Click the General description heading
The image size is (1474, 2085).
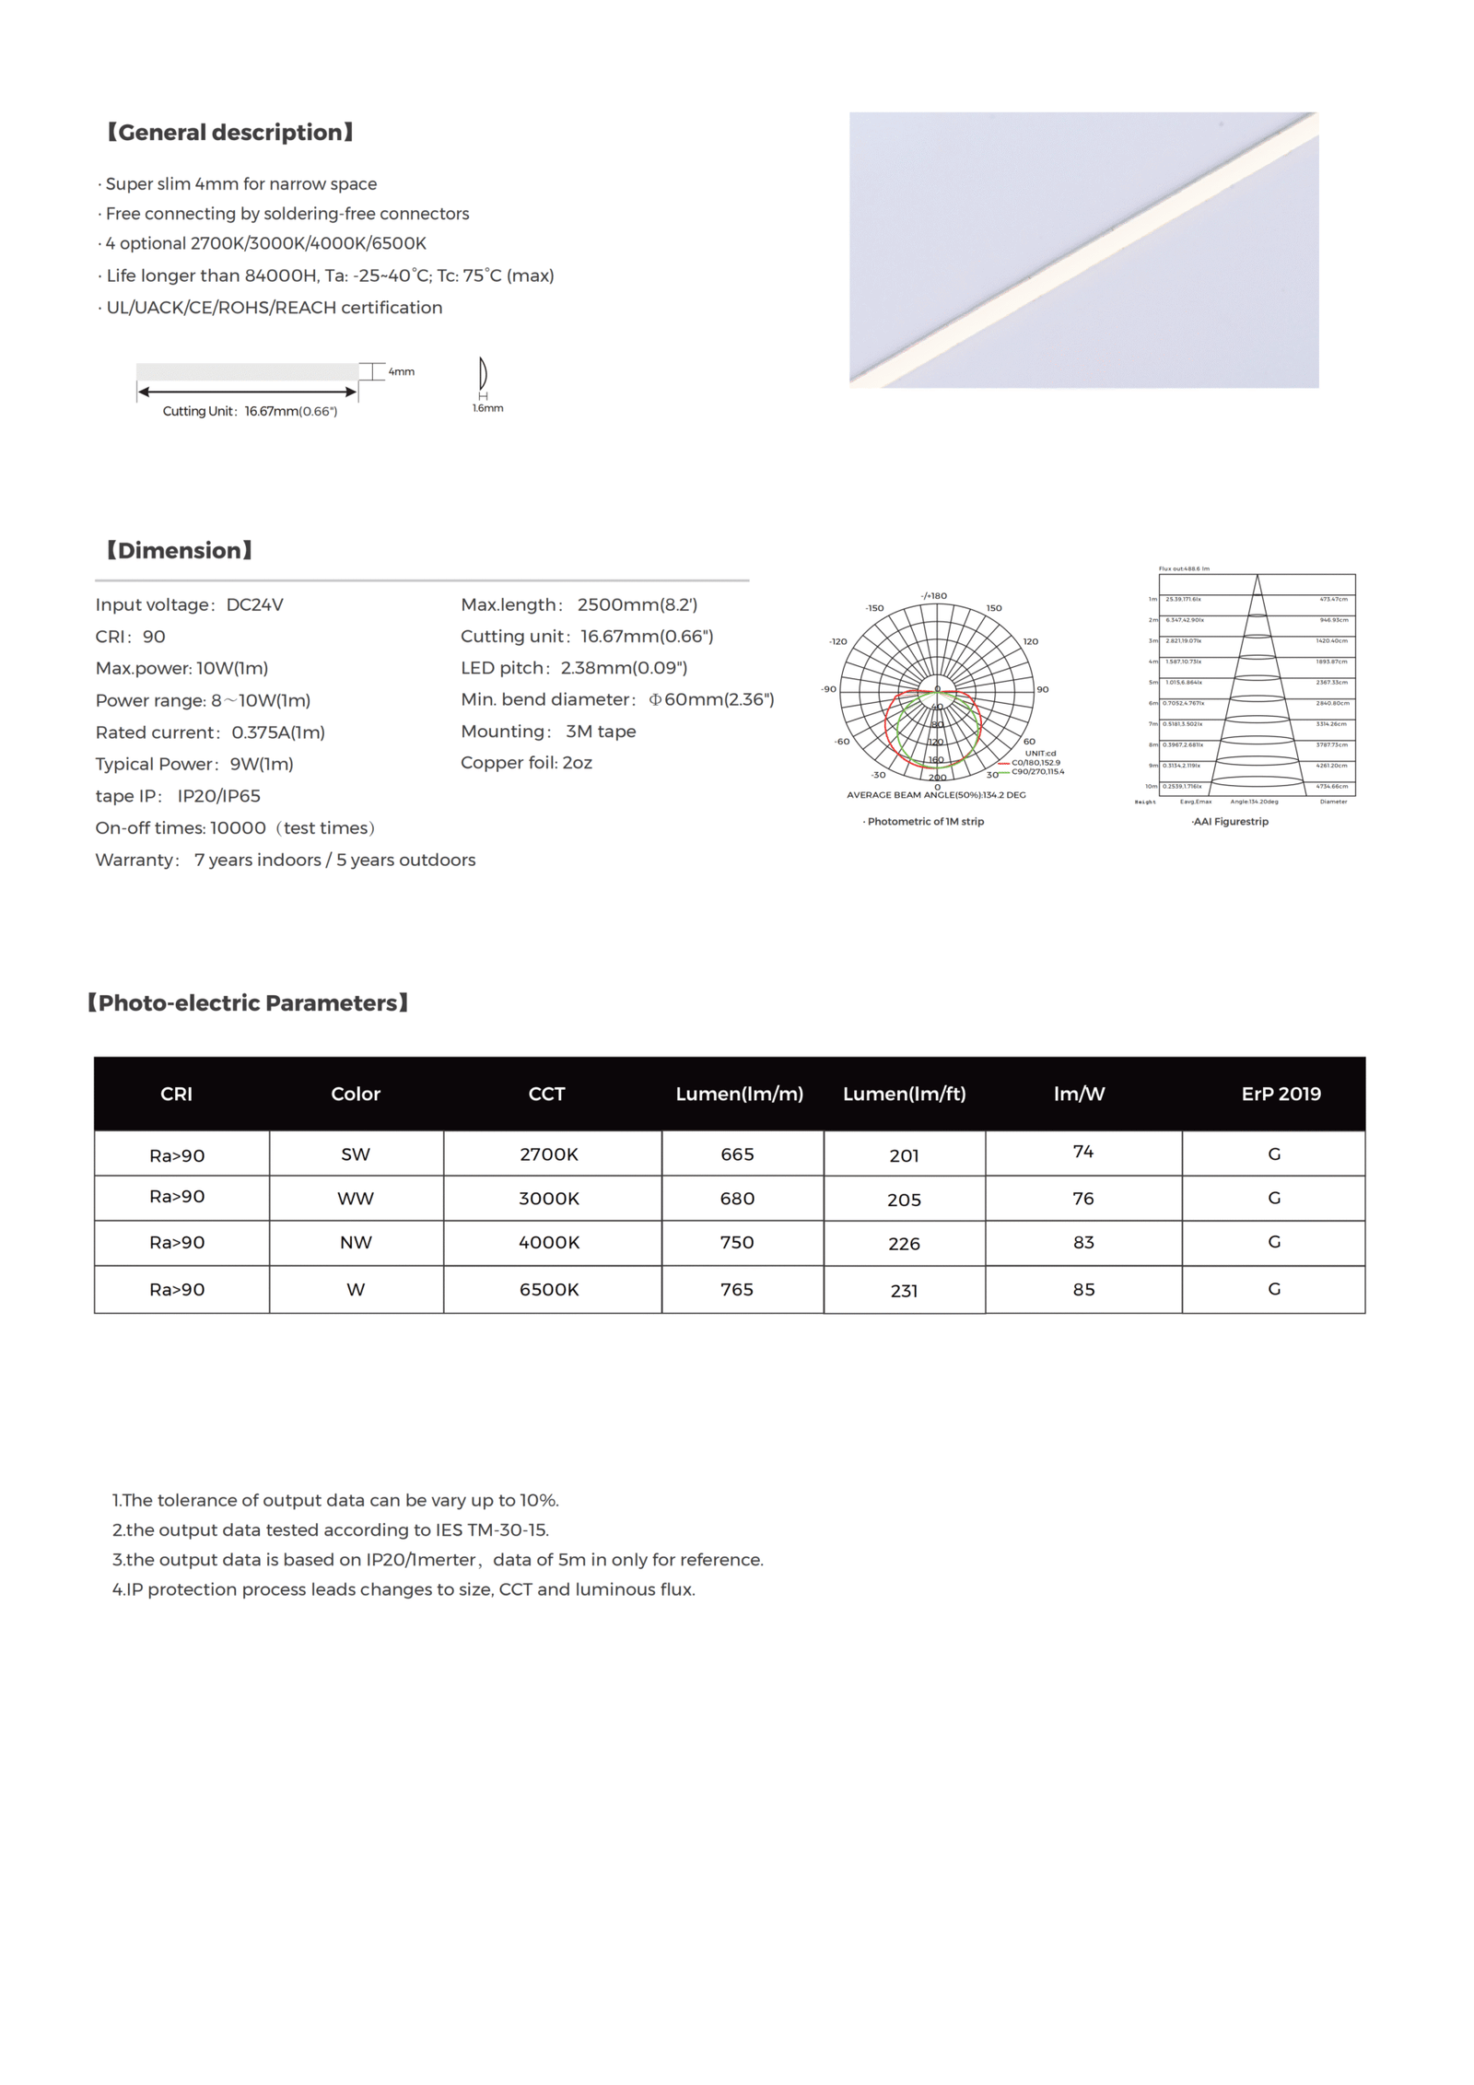point(230,133)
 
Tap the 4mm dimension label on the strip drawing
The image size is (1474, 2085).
point(402,372)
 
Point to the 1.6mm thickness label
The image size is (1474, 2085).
point(488,408)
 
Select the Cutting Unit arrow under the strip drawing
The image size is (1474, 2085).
point(247,392)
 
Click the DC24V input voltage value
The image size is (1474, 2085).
point(255,605)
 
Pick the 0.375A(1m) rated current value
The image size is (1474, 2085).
point(278,732)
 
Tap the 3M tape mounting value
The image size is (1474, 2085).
point(601,732)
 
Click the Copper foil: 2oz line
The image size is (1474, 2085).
point(526,763)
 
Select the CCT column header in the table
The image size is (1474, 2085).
point(546,1094)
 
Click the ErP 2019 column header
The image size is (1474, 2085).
point(1281,1094)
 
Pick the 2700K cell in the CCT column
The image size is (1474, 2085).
point(549,1154)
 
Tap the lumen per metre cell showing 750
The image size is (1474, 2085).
point(737,1242)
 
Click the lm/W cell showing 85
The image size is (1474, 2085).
point(1083,1290)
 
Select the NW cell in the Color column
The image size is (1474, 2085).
point(356,1243)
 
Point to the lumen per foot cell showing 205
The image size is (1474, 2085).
point(904,1200)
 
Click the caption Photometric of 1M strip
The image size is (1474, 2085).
point(925,822)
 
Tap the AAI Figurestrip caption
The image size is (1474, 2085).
point(1230,822)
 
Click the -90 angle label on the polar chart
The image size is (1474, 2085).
point(829,689)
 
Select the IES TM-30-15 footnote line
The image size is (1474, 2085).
point(331,1530)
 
